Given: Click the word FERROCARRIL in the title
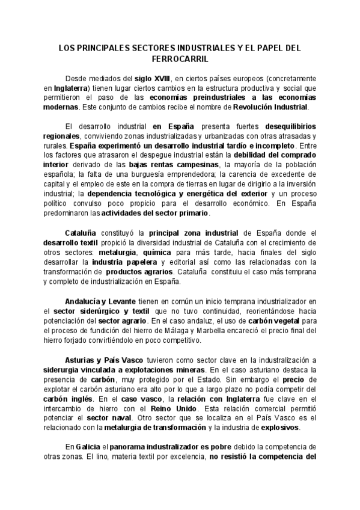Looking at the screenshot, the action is (180, 60).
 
